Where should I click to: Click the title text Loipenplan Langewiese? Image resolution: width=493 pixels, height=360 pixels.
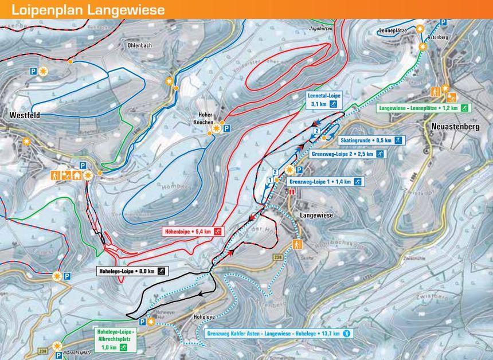(88, 10)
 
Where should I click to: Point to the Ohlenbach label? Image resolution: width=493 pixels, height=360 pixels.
(139, 45)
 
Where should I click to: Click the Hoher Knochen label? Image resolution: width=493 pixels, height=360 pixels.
(203, 119)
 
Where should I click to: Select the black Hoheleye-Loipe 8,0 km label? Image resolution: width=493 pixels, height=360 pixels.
(131, 271)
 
